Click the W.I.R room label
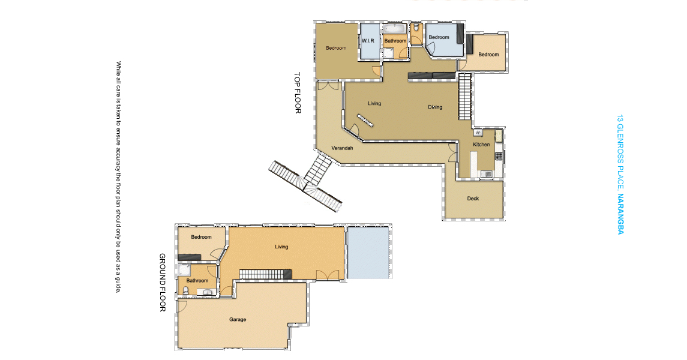coord(368,41)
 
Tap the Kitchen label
coord(481,145)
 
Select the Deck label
coord(473,199)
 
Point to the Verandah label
coord(342,148)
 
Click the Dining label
coord(435,107)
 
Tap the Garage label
coord(238,320)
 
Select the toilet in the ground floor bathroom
coord(185,290)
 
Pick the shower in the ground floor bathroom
coord(184,270)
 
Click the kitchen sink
coord(487,175)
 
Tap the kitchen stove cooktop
coord(499,156)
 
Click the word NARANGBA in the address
coord(620,214)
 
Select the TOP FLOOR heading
coord(298,93)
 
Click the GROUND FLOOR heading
coord(162,283)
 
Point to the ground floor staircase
coord(266,275)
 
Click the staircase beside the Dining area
coord(465,97)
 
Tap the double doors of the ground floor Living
coord(327,275)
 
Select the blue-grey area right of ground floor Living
coord(368,252)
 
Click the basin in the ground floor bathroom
coord(207,292)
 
